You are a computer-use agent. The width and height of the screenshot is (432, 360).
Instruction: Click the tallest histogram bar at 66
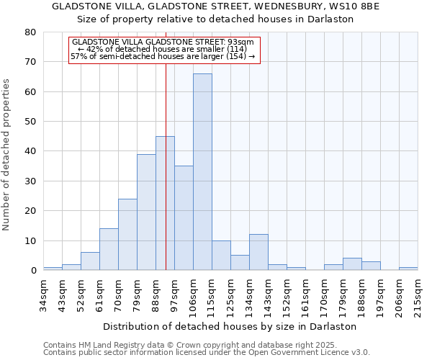[202, 171]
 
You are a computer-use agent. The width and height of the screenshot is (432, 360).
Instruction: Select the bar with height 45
[165, 203]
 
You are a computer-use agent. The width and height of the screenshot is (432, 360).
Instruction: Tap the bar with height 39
[146, 212]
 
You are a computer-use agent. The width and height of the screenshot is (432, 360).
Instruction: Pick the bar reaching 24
[127, 234]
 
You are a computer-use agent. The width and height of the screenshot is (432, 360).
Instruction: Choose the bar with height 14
[109, 249]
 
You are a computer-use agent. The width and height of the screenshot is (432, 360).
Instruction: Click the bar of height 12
[258, 252]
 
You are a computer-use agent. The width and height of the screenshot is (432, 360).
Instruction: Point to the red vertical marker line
[166, 144]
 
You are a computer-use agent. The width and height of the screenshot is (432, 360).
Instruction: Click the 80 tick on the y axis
[30, 32]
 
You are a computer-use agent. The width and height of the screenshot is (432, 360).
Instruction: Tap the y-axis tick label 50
[30, 122]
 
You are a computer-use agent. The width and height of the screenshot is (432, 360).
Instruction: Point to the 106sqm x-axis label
[193, 296]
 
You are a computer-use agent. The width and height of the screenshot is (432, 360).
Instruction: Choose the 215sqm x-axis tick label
[418, 296]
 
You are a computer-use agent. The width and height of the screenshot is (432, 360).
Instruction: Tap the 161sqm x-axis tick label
[305, 296]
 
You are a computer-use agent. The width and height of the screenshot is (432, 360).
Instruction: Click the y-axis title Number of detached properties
[7, 151]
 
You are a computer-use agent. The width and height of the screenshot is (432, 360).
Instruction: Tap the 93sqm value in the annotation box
[241, 42]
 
